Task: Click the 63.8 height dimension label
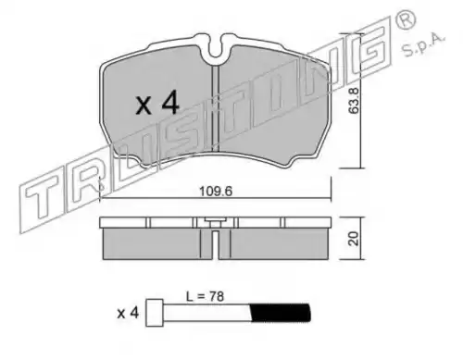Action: pyautogui.click(x=354, y=101)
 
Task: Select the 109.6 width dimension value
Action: pyautogui.click(x=216, y=192)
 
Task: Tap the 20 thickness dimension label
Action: pyautogui.click(x=354, y=239)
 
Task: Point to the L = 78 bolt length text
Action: pyautogui.click(x=205, y=297)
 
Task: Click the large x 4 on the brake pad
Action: pyautogui.click(x=157, y=103)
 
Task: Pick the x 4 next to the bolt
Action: pyautogui.click(x=128, y=314)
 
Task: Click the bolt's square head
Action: pyautogui.click(x=155, y=313)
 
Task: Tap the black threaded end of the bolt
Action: pyautogui.click(x=280, y=313)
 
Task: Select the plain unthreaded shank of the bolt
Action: pyautogui.click(x=206, y=313)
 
